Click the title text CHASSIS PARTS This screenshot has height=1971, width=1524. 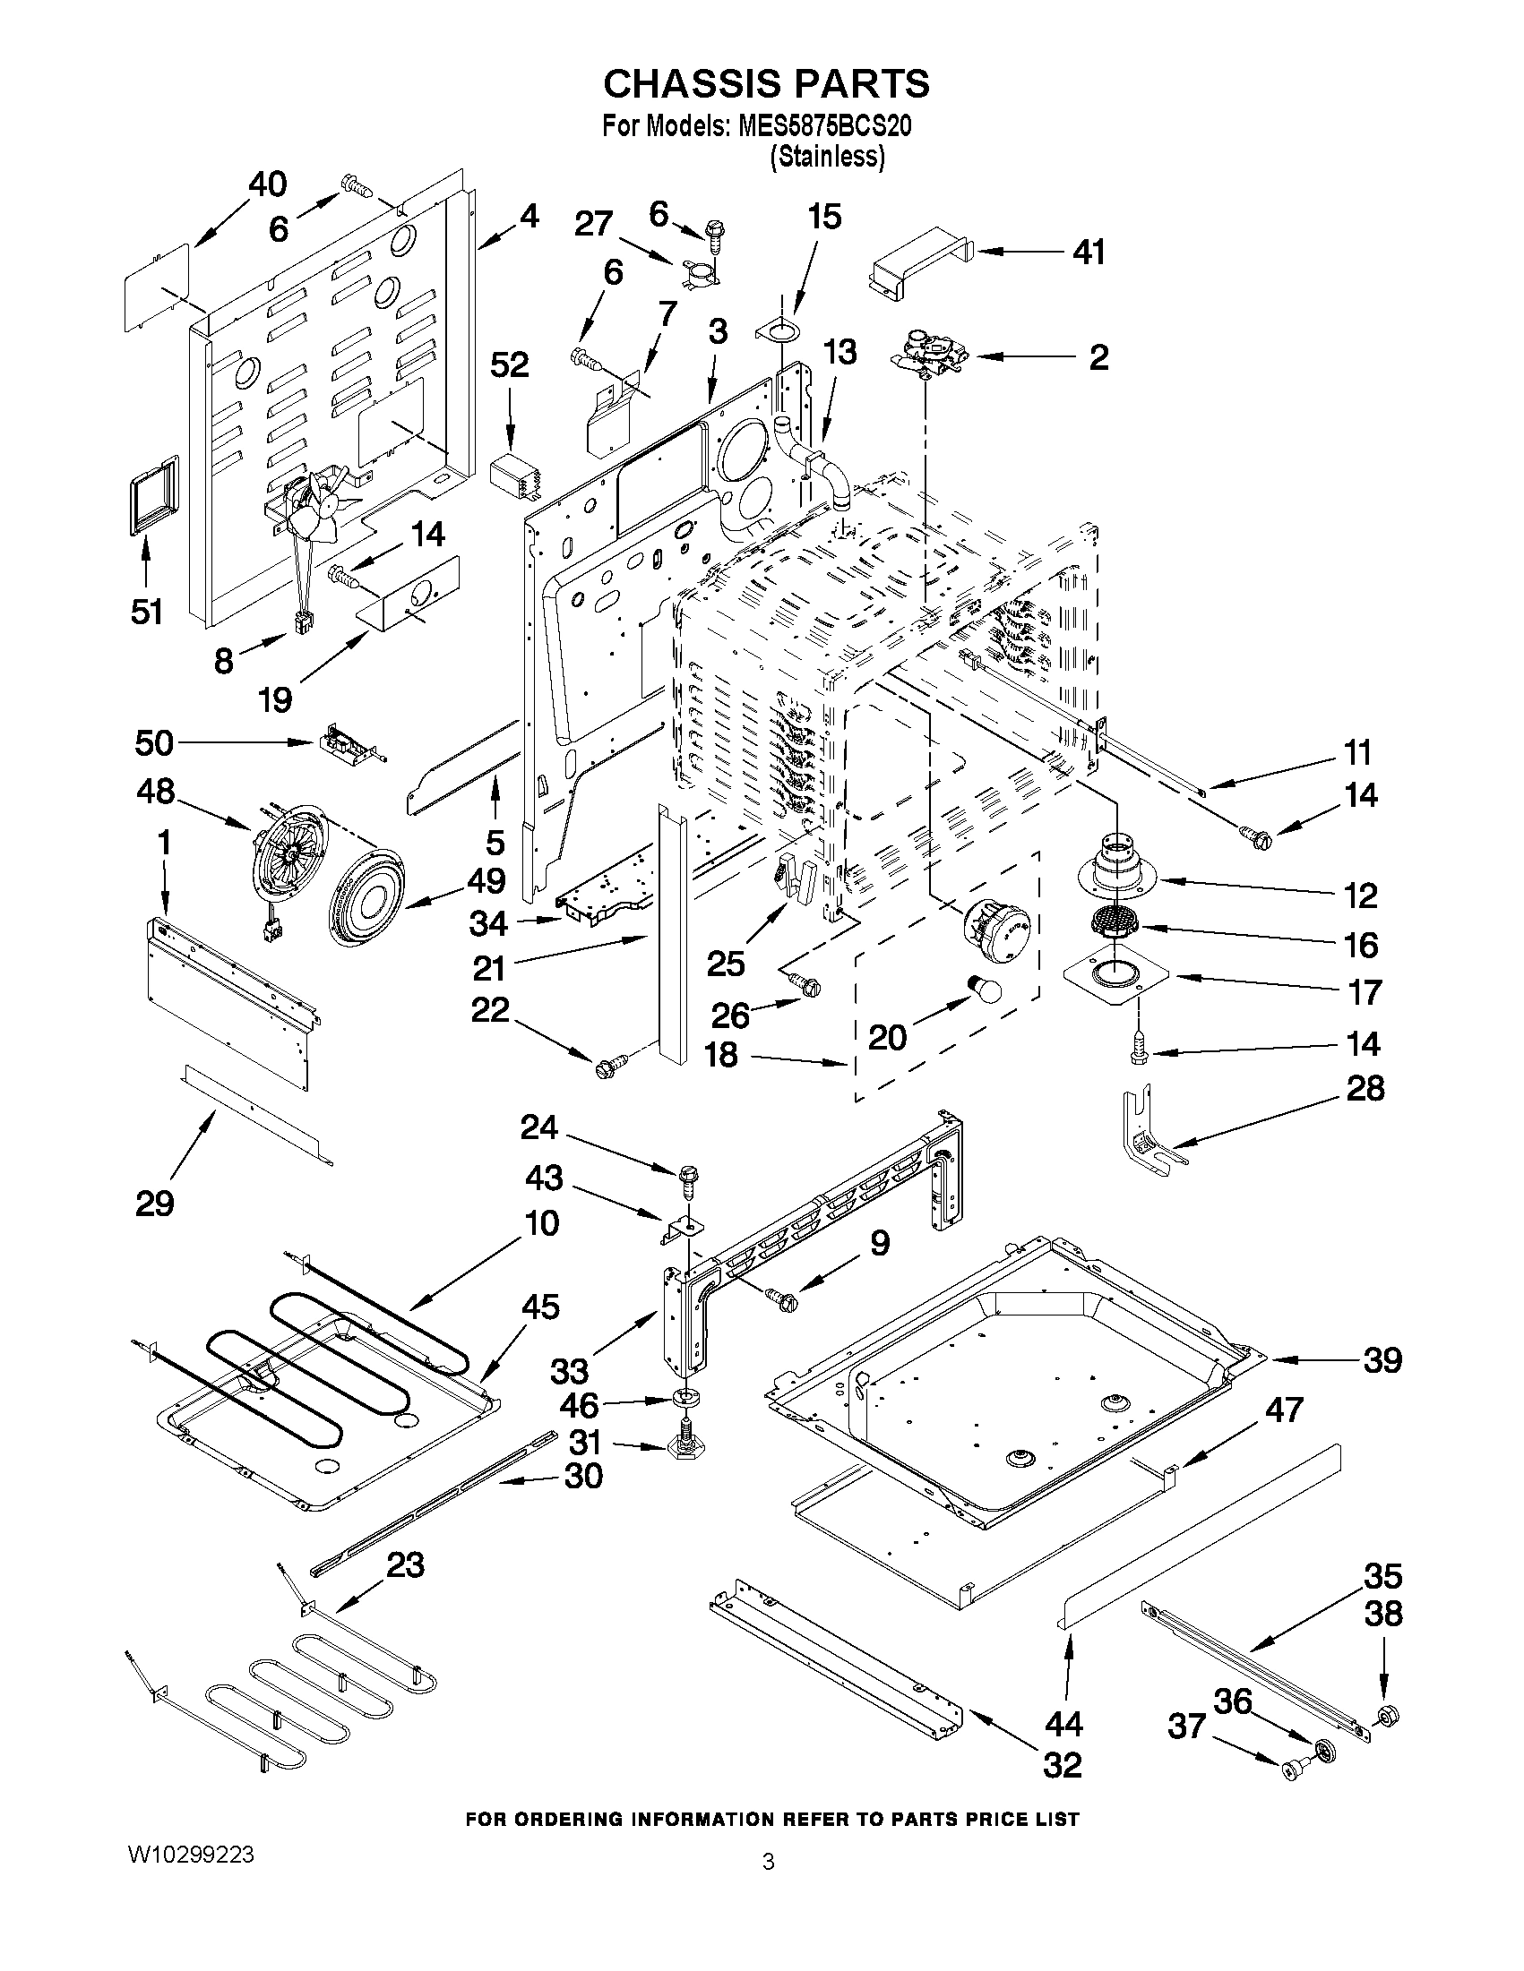pyautogui.click(x=766, y=84)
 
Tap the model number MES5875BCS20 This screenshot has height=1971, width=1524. pyautogui.click(x=823, y=126)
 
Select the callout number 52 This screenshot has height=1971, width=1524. pyautogui.click(x=509, y=365)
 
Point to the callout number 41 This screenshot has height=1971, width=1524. pyautogui.click(x=1089, y=253)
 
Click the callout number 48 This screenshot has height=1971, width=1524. pyautogui.click(x=155, y=792)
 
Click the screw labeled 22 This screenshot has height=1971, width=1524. pyautogui.click(x=604, y=1067)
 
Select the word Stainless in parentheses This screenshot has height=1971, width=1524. pyautogui.click(x=826, y=157)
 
